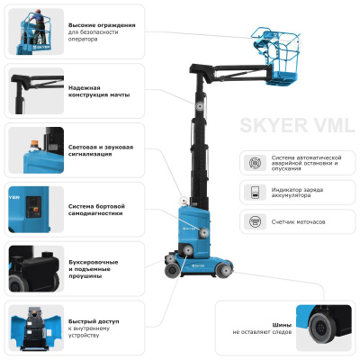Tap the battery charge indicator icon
[x=255, y=192]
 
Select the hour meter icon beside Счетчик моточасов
[x=255, y=220]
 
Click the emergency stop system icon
[x=255, y=162]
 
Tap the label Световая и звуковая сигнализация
[x=101, y=150]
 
